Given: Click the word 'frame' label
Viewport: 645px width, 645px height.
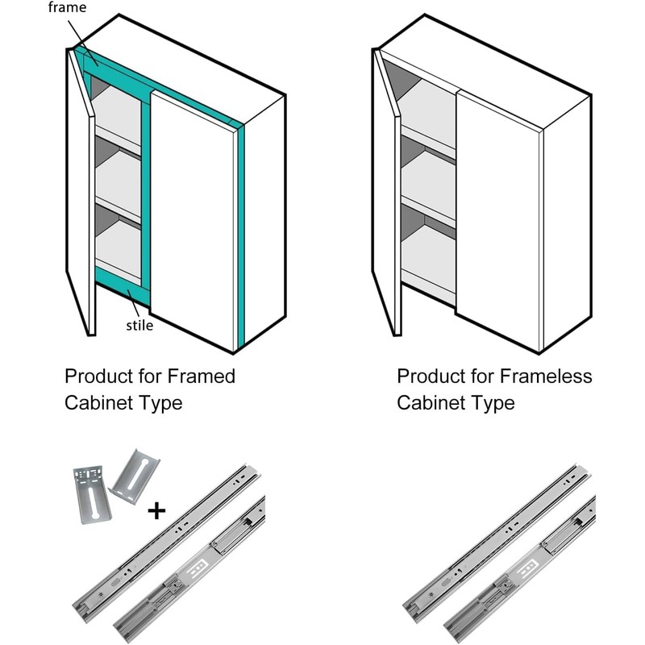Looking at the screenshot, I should click(x=67, y=7).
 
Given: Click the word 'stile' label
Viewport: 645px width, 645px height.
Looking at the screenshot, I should click(x=139, y=326).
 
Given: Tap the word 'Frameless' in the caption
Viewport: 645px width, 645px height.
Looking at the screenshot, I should click(x=546, y=377).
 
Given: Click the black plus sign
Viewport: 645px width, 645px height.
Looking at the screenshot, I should click(x=157, y=510).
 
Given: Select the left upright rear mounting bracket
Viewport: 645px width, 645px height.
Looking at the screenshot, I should click(x=91, y=493).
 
